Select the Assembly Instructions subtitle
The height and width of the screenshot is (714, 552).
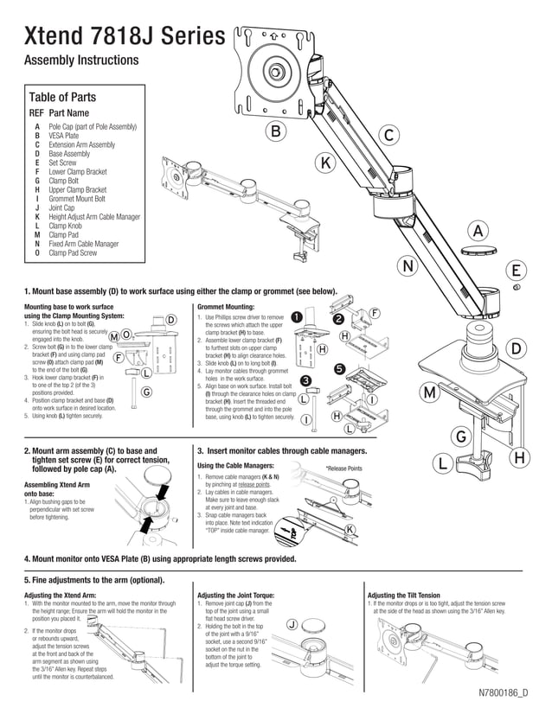click(x=80, y=61)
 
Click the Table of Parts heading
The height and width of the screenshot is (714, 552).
click(x=62, y=97)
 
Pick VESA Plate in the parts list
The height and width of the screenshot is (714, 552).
click(x=64, y=136)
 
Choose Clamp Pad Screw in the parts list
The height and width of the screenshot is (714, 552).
click(x=73, y=253)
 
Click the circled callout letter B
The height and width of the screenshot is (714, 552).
click(x=275, y=131)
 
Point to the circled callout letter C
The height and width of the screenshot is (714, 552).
click(x=389, y=136)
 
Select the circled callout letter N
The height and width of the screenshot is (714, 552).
click(x=407, y=266)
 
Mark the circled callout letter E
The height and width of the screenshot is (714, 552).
click(x=516, y=270)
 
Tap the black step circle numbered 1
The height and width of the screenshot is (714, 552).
click(x=297, y=316)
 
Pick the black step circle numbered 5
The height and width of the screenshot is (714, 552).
click(x=340, y=369)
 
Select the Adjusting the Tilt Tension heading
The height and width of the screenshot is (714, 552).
click(x=404, y=596)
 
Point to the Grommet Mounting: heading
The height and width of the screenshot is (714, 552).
click(x=227, y=307)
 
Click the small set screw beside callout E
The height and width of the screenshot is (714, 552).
click(x=516, y=287)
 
